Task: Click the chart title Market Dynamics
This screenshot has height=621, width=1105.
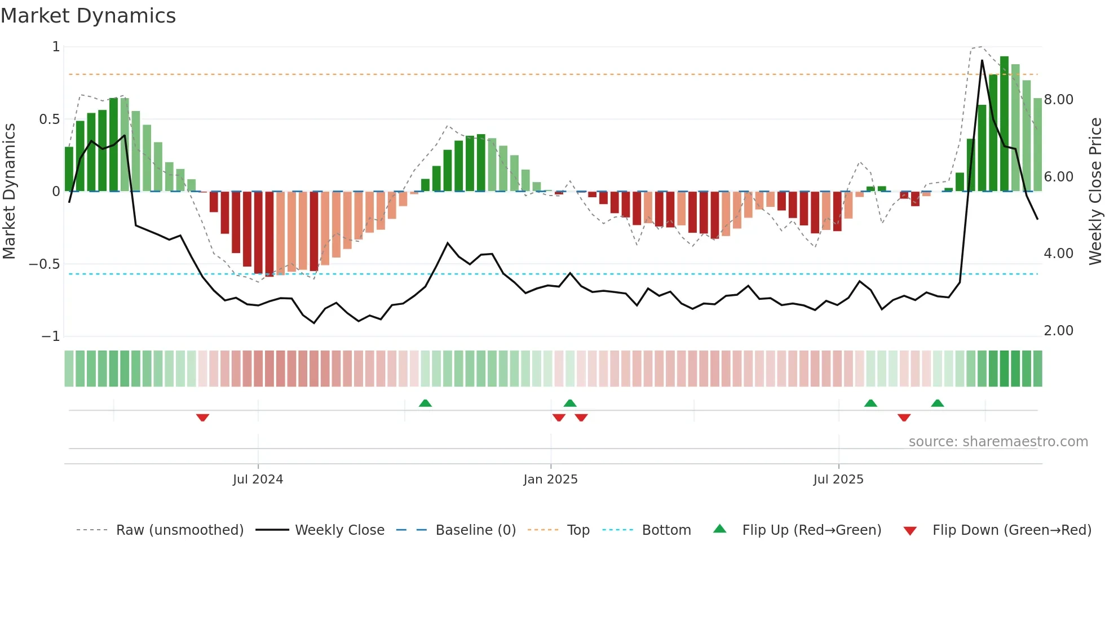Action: (88, 16)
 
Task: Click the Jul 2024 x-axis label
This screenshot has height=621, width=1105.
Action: (258, 480)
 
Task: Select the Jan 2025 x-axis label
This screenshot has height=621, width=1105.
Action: (550, 480)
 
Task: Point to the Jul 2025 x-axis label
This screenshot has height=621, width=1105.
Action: (838, 480)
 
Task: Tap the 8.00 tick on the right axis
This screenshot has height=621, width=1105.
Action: (1058, 100)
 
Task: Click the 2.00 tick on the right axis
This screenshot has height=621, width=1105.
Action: (1058, 331)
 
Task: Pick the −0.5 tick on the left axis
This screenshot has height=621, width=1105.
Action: (45, 264)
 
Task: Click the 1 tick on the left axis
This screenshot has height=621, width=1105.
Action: (56, 47)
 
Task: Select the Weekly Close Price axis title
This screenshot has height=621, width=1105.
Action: (1095, 191)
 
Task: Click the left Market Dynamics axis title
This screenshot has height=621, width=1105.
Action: (9, 191)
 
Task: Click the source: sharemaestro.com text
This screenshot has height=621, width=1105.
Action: (998, 442)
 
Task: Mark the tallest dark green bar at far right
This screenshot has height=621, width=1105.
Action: (1004, 124)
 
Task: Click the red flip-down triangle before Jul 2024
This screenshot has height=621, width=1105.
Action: (202, 418)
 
